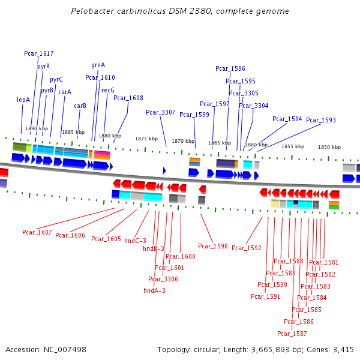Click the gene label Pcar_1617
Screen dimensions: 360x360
pos(39,54)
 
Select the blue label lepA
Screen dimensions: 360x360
pos(23,100)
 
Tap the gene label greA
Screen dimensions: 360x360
pos(98,65)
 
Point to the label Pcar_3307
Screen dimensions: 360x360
pos(161,112)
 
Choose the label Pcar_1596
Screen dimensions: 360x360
pos(230,69)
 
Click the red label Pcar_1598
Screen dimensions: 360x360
pos(213,246)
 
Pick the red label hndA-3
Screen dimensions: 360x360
pos(154,290)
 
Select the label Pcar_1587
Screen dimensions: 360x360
pos(292,334)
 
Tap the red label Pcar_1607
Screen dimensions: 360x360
pos(37,232)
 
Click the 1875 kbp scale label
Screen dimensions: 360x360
pos(146,139)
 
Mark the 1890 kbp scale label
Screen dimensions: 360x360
pos(36,128)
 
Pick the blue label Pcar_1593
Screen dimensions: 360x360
pos(321,120)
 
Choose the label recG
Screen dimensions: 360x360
pos(108,90)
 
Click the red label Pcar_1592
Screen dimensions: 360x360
pos(247,248)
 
